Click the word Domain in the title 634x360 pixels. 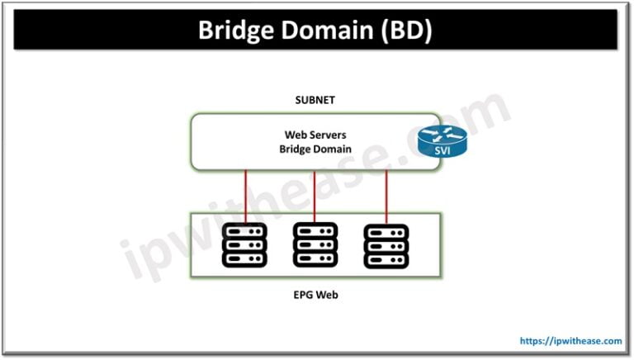pyautogui.click(x=330, y=31)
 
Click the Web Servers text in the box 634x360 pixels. pyautogui.click(x=316, y=134)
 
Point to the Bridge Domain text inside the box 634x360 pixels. pyautogui.click(x=316, y=149)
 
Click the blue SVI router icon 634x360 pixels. pyautogui.click(x=442, y=141)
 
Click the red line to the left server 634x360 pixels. pyautogui.click(x=244, y=196)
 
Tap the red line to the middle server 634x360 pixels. pyautogui.click(x=315, y=196)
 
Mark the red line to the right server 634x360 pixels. pyautogui.click(x=386, y=196)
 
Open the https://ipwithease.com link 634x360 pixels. pyautogui.click(x=570, y=340)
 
